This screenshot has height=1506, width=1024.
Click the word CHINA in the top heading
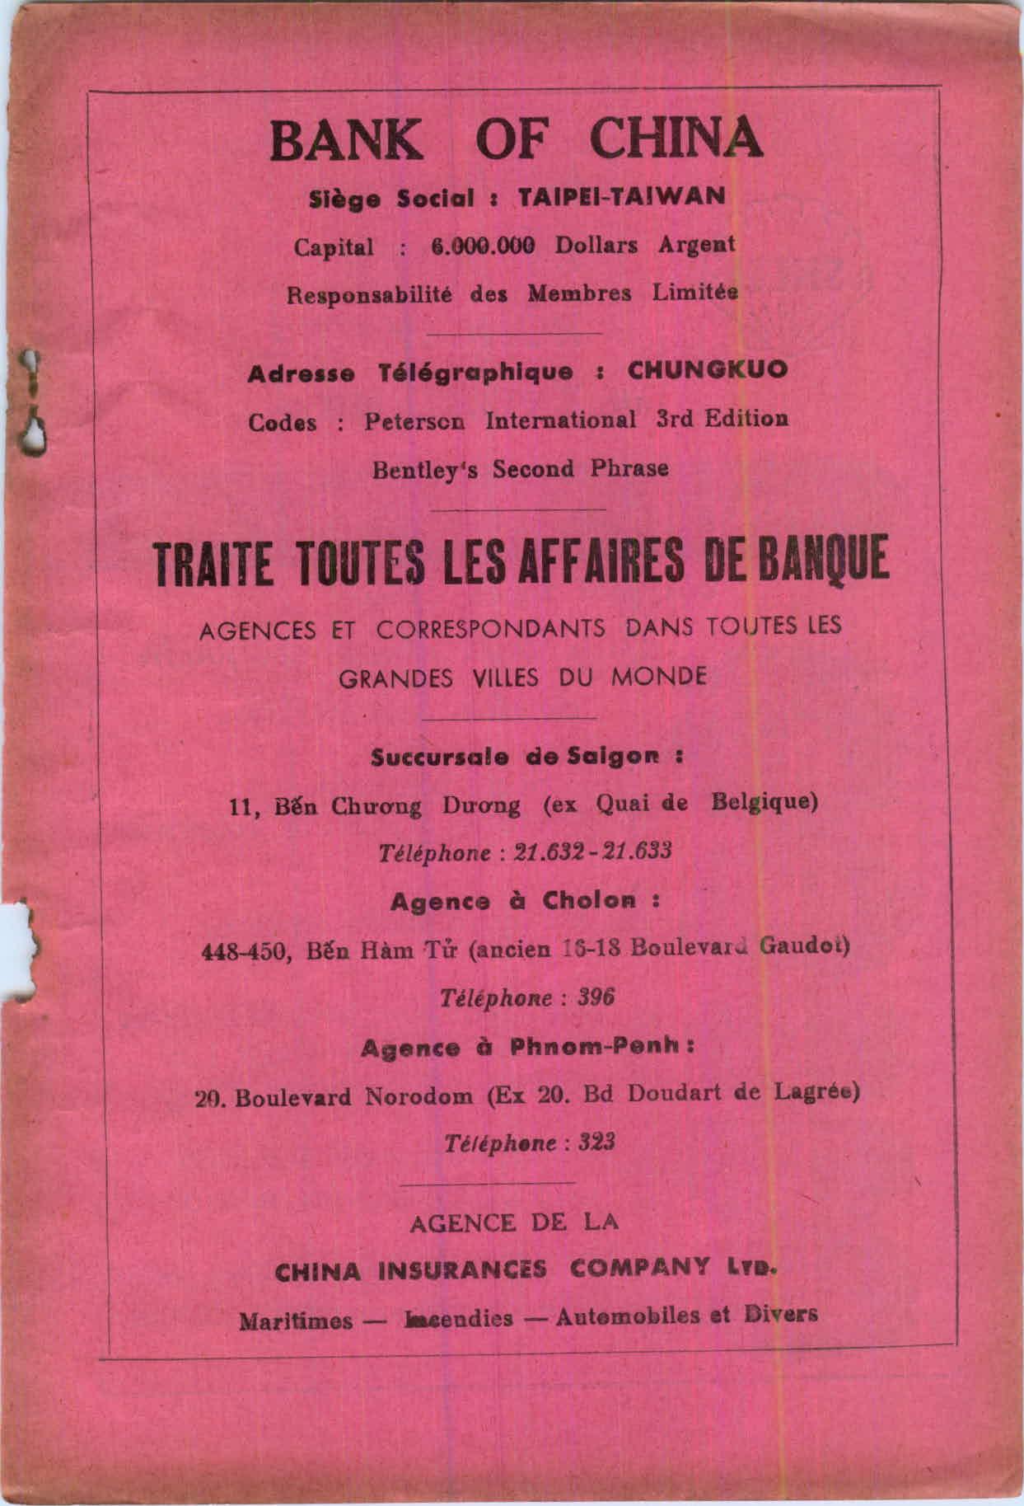coord(676,139)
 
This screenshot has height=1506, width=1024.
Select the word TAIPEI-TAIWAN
coord(621,197)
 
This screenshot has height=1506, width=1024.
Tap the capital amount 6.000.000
coord(483,246)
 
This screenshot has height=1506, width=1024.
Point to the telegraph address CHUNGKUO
coord(708,370)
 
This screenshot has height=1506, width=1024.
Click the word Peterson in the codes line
coord(416,421)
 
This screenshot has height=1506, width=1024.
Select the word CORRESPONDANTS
coord(491,629)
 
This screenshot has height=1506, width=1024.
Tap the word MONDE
coord(659,678)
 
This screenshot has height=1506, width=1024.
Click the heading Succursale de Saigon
coord(526,756)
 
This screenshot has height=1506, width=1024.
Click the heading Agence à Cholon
coord(525,900)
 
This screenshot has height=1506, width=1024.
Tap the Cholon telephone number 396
coord(596,997)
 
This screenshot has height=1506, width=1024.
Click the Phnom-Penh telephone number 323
coord(597,1143)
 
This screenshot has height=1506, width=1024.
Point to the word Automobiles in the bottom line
coord(624,1316)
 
